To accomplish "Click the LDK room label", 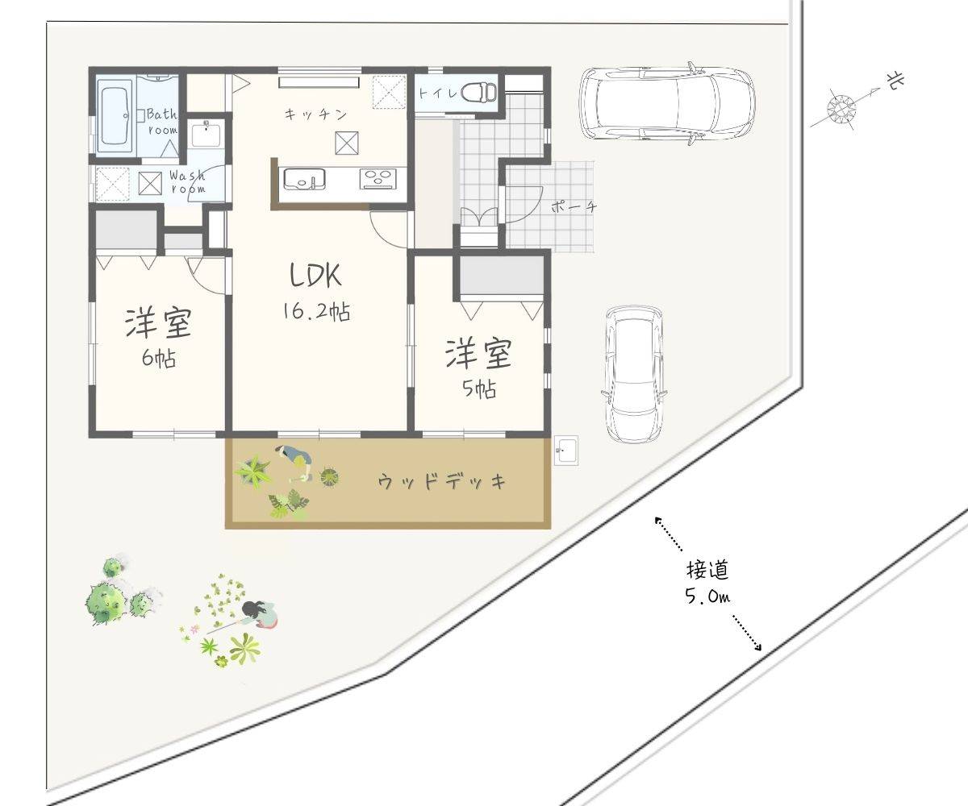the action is click(x=315, y=275).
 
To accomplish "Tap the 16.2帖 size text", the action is click(x=317, y=312).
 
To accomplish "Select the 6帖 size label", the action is click(x=159, y=358).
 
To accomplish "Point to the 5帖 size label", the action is click(x=479, y=388).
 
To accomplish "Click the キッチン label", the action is click(x=315, y=114).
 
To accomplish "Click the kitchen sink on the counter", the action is click(x=303, y=179).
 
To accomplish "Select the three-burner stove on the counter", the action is click(x=379, y=179).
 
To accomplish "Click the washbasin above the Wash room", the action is click(x=206, y=134).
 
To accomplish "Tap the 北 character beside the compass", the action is click(x=895, y=82).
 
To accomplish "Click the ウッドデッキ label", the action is click(x=442, y=482).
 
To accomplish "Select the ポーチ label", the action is click(x=574, y=206).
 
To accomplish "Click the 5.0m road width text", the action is click(x=708, y=596).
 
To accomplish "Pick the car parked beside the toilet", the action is click(x=668, y=103).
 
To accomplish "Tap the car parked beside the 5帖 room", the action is click(x=635, y=374).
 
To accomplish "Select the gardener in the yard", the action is click(x=258, y=613).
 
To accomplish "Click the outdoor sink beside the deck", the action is click(x=566, y=450).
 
